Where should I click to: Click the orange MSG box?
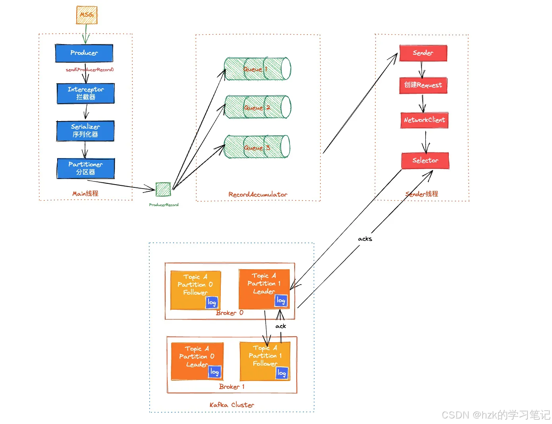(x=87, y=15)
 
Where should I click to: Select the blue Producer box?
(x=84, y=53)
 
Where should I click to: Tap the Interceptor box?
(x=86, y=93)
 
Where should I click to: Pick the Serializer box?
(x=85, y=131)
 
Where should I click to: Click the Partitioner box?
(x=86, y=168)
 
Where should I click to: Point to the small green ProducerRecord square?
(x=163, y=189)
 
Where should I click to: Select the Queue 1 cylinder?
(x=257, y=69)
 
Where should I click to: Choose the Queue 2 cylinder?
(x=257, y=107)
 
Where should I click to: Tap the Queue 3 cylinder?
(x=257, y=146)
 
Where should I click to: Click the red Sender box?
(x=423, y=53)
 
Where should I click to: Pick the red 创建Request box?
(x=423, y=85)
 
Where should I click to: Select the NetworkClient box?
(x=424, y=120)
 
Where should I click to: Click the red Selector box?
(x=425, y=160)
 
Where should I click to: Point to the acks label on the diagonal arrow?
(x=365, y=239)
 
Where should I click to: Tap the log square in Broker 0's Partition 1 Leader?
(x=281, y=301)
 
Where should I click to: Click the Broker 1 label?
(x=232, y=386)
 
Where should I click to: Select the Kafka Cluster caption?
(x=232, y=405)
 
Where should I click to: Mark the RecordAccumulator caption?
(x=258, y=195)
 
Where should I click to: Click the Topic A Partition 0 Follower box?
(x=195, y=290)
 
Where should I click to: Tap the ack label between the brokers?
(x=280, y=326)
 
